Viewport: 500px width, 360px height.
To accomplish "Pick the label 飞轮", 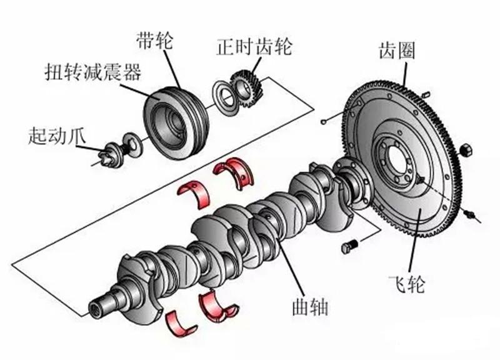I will (x=410, y=284).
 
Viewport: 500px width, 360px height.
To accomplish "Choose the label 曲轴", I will (x=309, y=307).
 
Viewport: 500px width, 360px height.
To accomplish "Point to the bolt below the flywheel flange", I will (x=349, y=246).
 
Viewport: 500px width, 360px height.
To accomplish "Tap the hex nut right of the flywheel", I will (x=465, y=150).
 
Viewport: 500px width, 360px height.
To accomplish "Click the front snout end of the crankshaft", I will (x=100, y=307).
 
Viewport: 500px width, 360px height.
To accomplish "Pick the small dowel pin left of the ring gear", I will (x=324, y=120).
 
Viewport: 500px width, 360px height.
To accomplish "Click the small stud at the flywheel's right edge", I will (x=472, y=215).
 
